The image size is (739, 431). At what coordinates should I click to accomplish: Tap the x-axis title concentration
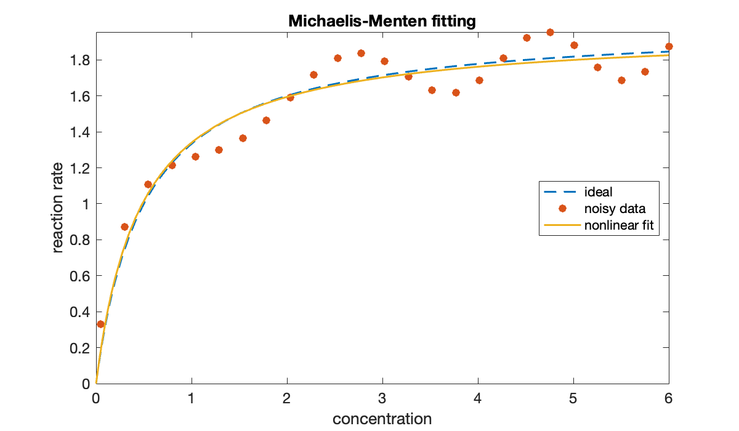tap(382, 419)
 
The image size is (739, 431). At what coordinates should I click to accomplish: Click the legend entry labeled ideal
tap(598, 192)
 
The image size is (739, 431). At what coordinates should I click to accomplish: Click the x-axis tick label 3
tap(382, 397)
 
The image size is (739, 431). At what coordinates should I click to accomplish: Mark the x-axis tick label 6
tap(669, 397)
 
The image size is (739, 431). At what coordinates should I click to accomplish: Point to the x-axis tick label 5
tap(573, 397)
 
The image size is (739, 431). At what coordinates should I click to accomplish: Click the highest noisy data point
tap(550, 32)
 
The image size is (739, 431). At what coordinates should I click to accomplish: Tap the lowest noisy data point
tap(101, 324)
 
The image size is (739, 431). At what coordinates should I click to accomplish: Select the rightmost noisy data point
tap(669, 46)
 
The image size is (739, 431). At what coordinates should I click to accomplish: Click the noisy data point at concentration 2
tap(290, 97)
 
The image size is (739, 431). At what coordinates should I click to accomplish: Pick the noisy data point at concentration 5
tap(574, 45)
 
